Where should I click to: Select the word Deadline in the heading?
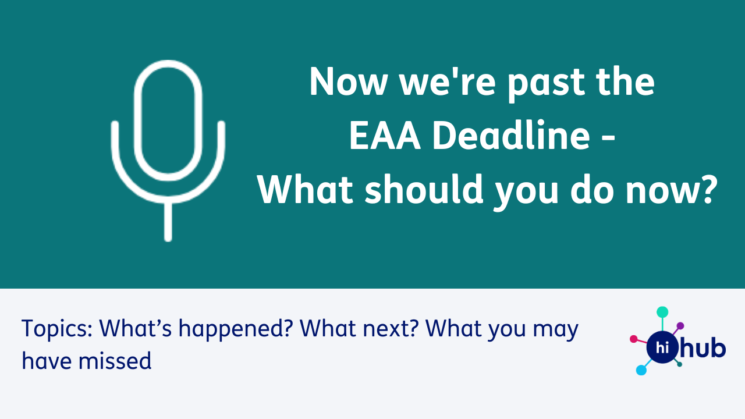[x=510, y=134]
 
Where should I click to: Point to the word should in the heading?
[x=424, y=189]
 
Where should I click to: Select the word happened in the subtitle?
[x=236, y=329]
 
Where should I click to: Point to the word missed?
[x=115, y=361]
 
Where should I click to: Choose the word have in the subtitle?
[x=46, y=360]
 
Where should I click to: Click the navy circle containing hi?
[x=662, y=347]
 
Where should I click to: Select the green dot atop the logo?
[x=662, y=313]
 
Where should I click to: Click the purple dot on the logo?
[x=680, y=326]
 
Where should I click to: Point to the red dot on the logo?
[x=634, y=339]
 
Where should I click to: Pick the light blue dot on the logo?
[x=641, y=370]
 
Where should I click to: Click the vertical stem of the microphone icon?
[x=168, y=221]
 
